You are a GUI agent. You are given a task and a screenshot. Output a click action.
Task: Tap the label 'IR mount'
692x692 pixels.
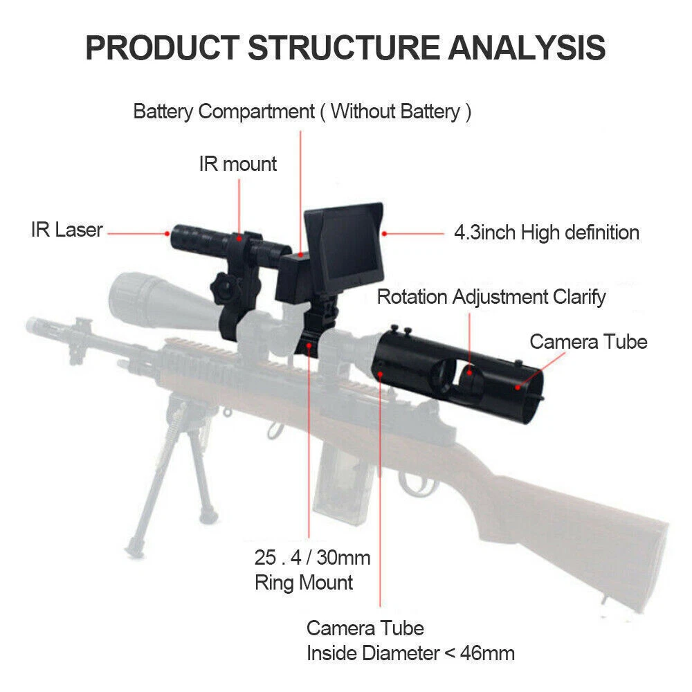click(237, 164)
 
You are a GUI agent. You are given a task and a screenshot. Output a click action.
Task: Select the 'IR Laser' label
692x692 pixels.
click(66, 230)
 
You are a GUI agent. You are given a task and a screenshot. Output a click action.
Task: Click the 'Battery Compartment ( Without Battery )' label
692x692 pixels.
click(302, 111)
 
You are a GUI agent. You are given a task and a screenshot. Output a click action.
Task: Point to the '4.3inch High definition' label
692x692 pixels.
click(546, 233)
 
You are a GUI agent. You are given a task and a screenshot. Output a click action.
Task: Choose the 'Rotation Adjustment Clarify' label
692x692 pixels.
click(491, 297)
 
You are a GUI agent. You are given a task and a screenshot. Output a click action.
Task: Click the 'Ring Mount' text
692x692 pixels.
click(304, 582)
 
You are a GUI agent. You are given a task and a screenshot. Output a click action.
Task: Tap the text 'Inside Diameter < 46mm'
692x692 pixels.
click(410, 652)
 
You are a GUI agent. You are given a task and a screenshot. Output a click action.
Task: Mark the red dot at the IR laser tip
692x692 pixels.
click(169, 234)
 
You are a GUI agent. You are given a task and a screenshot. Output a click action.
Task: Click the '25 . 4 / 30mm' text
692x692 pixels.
click(313, 557)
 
